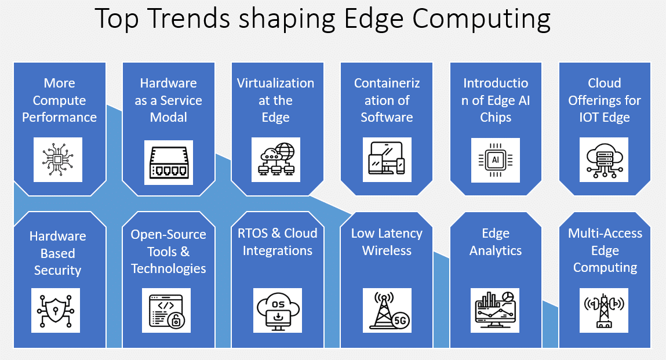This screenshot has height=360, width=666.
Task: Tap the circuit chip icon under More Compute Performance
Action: [x=58, y=159]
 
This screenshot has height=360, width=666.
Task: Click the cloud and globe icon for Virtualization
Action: [x=276, y=159]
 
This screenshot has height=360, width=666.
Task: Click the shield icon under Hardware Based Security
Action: [x=56, y=310]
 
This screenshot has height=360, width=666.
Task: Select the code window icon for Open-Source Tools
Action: [x=166, y=310]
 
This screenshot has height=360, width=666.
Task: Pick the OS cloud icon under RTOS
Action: [x=277, y=310]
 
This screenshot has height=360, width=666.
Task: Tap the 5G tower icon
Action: [x=387, y=310]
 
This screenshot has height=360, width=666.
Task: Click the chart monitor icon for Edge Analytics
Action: [x=496, y=310]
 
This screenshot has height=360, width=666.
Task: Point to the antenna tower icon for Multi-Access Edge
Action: [x=604, y=310]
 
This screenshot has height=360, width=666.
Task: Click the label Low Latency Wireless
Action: [x=387, y=242]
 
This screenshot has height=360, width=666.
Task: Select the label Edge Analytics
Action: [x=496, y=242]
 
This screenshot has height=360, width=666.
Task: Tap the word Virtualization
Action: [x=275, y=83]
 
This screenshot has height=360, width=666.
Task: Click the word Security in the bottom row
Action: [x=57, y=270]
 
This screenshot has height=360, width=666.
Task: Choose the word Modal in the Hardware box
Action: [x=169, y=117]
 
